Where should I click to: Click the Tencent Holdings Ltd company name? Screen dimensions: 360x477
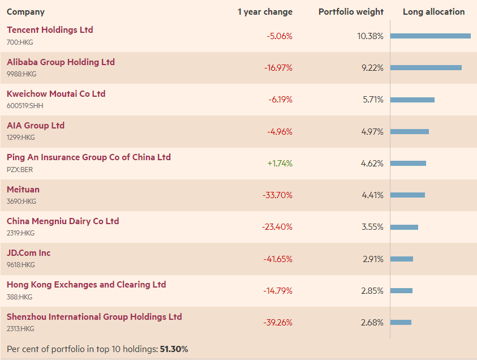50,30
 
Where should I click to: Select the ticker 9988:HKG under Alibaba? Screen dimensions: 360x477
22,74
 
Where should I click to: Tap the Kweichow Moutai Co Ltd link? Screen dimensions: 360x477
56,94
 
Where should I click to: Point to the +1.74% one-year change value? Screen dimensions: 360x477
280,163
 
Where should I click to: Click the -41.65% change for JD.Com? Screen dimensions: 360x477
277,259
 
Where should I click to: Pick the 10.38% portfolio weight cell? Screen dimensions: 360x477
370,36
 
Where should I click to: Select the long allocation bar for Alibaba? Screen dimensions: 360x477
426,67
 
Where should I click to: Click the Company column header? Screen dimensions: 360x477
25,12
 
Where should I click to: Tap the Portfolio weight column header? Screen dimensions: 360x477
351,12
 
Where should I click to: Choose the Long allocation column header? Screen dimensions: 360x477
433,12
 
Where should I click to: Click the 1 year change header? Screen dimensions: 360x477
265,12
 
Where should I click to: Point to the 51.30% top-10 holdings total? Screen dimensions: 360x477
174,349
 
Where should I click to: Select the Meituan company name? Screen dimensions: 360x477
23,190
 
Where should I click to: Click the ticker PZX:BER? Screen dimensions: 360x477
20,169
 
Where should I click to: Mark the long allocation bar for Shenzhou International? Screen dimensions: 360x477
401,323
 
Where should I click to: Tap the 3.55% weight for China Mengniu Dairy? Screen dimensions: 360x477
372,227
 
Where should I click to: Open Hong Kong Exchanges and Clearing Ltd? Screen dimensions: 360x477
86,285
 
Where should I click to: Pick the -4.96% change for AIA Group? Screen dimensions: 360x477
280,131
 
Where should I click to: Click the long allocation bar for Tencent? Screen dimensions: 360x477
430,36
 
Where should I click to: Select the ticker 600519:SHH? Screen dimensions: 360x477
25,106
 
